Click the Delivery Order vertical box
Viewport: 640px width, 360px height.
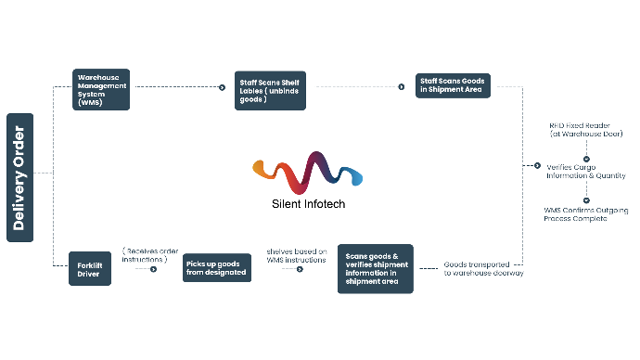[19, 177]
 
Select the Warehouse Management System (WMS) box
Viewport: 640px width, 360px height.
[101, 89]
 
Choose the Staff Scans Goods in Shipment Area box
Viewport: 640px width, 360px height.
[454, 85]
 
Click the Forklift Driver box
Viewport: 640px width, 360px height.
[90, 270]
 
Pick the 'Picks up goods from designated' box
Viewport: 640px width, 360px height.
[217, 268]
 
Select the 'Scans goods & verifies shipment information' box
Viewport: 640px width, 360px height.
[374, 269]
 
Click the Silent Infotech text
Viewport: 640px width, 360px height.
[302, 203]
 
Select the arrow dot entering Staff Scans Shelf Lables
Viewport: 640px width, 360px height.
[223, 88]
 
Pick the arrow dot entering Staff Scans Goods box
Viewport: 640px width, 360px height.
[402, 86]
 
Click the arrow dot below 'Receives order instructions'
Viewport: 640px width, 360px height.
[153, 270]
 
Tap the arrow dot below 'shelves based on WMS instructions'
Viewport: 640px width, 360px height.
[299, 270]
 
